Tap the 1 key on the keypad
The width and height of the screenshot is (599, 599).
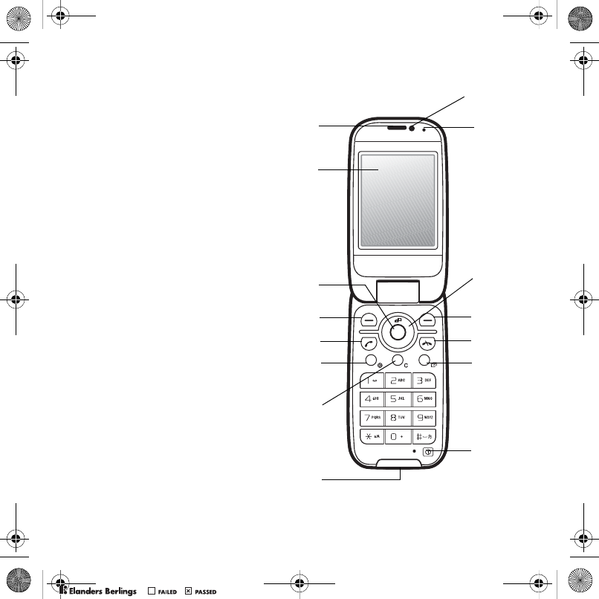(x=372, y=381)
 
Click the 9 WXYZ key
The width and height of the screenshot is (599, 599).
(x=424, y=418)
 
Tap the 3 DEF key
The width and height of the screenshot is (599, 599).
(x=424, y=381)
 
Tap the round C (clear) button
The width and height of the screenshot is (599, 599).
(x=398, y=361)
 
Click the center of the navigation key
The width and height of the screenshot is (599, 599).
(x=398, y=332)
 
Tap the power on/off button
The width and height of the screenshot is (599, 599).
(x=428, y=452)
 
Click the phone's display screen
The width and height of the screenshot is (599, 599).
(x=397, y=201)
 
